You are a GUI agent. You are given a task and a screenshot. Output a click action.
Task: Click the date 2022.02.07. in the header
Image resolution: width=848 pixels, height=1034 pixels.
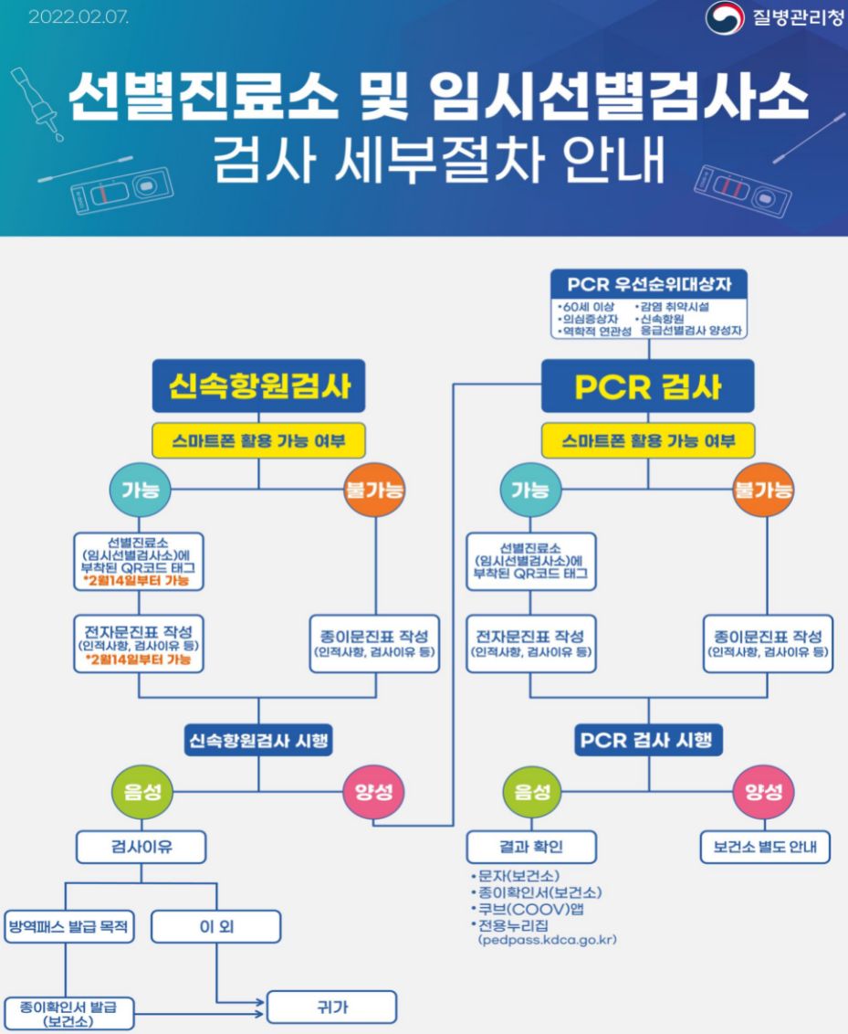[79, 17]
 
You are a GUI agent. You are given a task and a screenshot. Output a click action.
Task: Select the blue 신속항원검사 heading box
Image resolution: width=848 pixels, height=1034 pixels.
[258, 385]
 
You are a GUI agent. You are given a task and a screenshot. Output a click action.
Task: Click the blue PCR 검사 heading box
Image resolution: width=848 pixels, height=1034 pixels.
[648, 385]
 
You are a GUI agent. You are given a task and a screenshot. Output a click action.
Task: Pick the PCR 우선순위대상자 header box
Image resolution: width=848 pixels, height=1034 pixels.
[649, 284]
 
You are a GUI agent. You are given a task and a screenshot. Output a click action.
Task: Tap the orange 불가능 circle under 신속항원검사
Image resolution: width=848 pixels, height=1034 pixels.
[374, 490]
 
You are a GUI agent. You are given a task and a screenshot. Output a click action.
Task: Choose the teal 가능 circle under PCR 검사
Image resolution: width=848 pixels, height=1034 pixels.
[530, 490]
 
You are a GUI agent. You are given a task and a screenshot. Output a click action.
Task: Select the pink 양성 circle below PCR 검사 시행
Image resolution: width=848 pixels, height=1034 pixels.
[764, 791]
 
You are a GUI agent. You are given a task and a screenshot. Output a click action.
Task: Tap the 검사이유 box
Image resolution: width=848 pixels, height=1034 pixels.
[141, 847]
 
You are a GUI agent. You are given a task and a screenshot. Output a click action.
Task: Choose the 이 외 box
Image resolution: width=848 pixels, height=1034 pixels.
[216, 926]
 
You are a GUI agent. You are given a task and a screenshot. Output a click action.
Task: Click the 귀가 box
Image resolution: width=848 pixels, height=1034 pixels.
[331, 1008]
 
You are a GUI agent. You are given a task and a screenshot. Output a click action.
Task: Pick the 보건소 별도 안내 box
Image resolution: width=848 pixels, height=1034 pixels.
[765, 847]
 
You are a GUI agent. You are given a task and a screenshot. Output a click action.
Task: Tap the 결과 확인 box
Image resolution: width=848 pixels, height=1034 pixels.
[531, 847]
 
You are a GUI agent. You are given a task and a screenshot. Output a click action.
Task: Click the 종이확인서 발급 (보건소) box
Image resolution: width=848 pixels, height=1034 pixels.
[68, 1013]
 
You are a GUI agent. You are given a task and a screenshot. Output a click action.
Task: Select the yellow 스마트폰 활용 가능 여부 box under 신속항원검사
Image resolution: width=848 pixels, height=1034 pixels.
[258, 442]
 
